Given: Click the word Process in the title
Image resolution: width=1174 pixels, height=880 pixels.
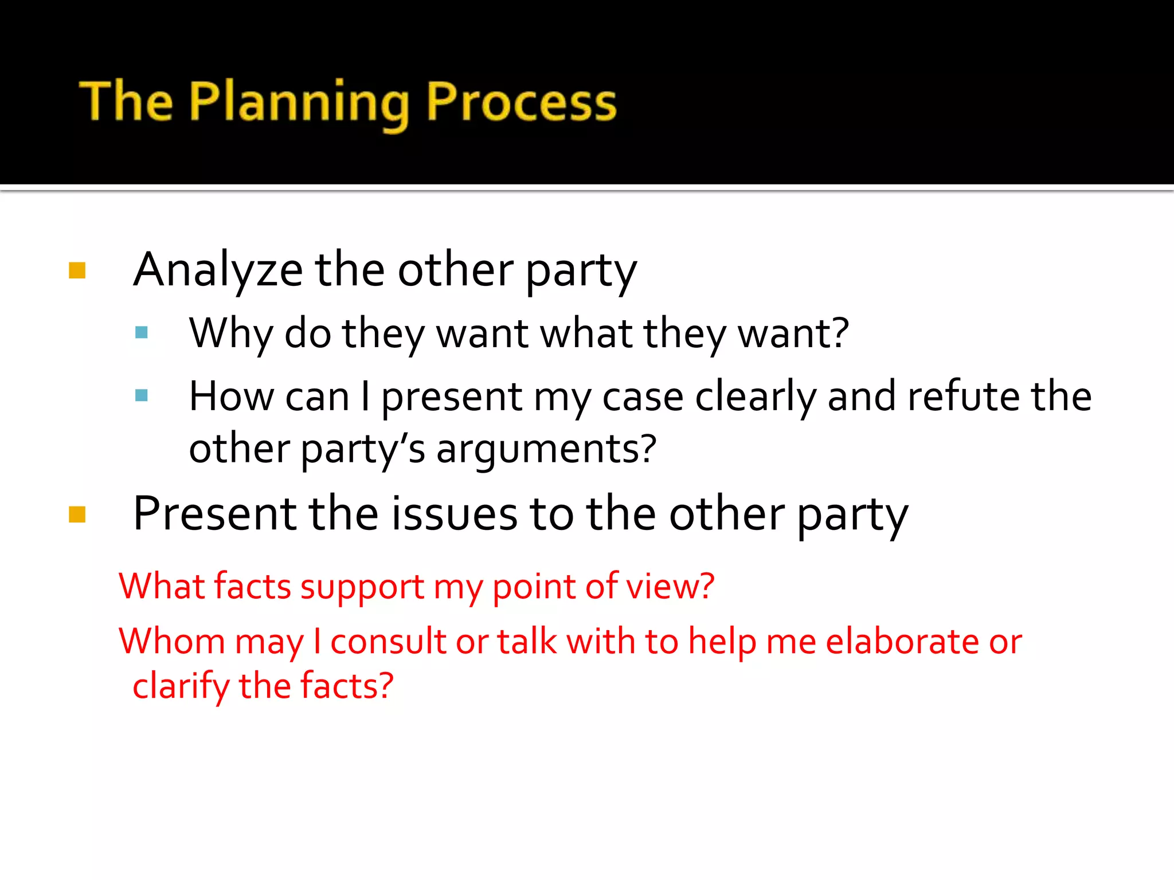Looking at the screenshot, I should (521, 103).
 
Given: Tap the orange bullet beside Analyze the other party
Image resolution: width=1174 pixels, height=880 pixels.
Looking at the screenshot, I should (77, 270).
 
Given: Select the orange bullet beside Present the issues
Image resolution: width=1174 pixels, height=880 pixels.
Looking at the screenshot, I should (77, 514).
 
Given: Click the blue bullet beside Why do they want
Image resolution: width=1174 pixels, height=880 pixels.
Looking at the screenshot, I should (142, 333).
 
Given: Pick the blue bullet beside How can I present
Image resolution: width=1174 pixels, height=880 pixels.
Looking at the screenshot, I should (142, 395).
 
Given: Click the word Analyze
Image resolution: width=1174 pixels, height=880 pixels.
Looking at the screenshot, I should (218, 270).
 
